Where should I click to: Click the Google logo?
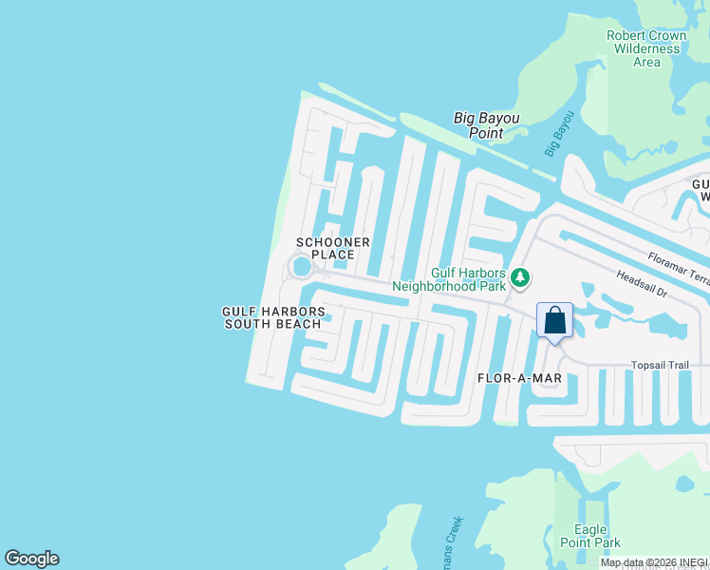pos(31,559)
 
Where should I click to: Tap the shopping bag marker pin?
pos(555,321)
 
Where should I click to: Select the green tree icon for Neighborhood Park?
pos(519,277)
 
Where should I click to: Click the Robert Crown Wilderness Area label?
pos(646,48)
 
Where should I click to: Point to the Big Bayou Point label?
pos(486,125)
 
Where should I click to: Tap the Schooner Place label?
pos(332,248)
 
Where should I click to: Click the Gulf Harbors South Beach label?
pos(273,317)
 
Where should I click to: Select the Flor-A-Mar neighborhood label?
pos(519,378)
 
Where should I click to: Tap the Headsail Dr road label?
pos(642,287)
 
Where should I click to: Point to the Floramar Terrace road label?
pos(679,265)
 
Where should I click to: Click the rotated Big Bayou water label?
pos(559,134)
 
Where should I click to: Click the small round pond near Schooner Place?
pos(301,268)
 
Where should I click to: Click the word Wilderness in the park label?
pos(646,48)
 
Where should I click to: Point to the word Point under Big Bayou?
pos(486,133)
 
